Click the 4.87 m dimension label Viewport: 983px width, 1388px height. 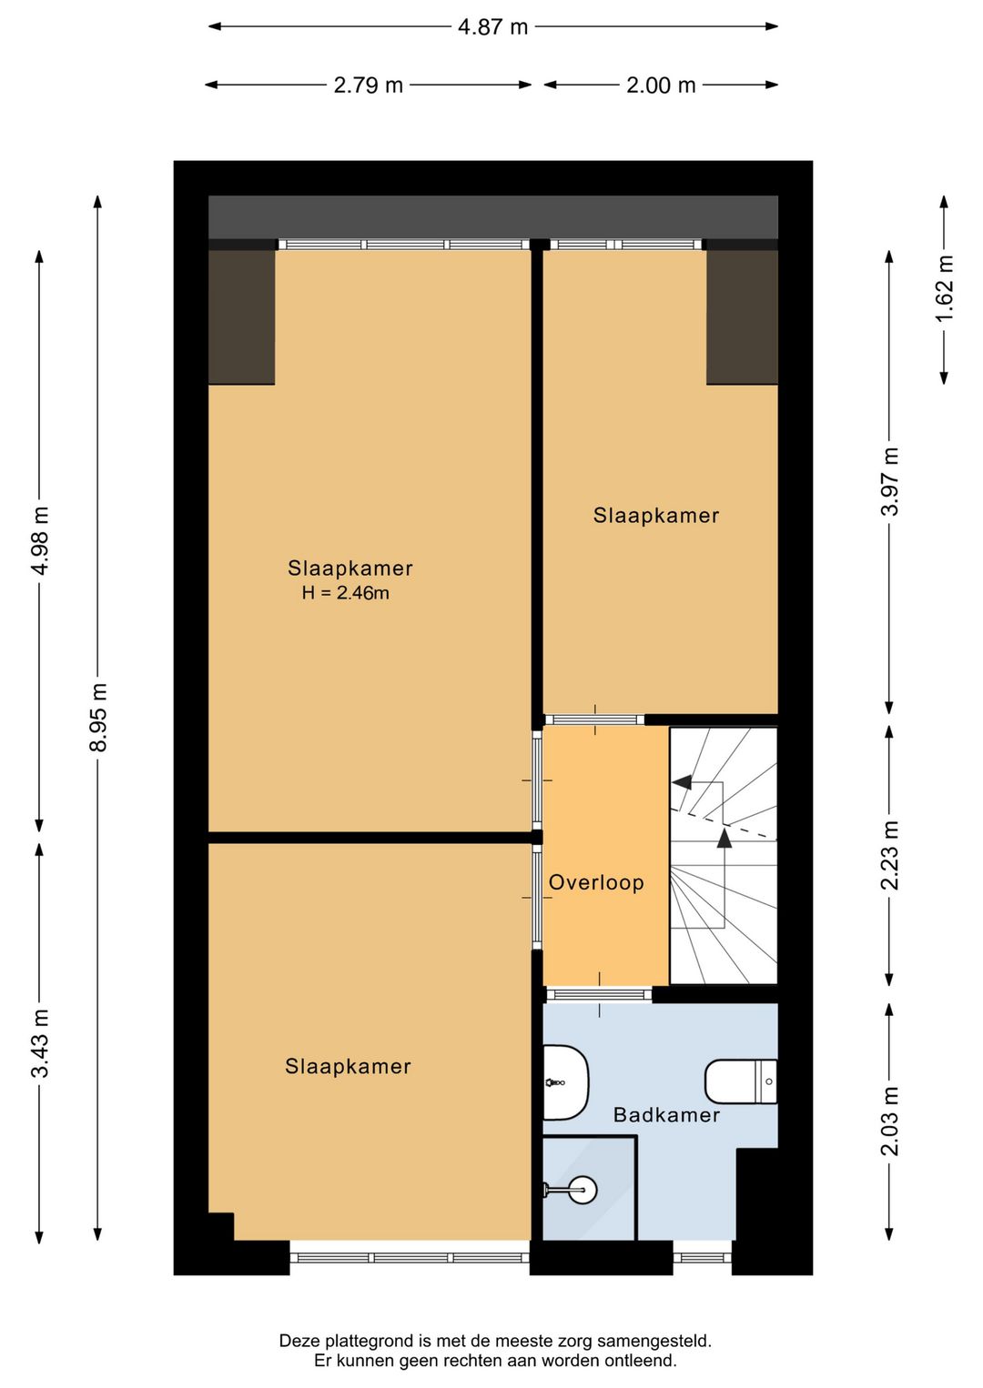pos(492,27)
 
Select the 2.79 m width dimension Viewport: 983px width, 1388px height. pos(369,85)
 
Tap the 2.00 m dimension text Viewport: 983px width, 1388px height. pos(661,85)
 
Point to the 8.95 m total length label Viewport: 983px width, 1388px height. pos(98,717)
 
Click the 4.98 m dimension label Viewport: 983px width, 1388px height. pos(40,540)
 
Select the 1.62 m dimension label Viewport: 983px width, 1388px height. pos(944,288)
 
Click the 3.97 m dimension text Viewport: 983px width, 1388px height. pos(890,481)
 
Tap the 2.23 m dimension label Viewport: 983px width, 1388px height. pos(890,856)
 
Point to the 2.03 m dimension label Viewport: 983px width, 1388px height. pos(890,1121)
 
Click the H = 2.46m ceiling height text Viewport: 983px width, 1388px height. pos(346,593)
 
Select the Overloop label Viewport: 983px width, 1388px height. pos(596,882)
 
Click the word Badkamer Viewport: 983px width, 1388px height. pos(666,1115)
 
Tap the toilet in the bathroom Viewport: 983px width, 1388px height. pos(741,1081)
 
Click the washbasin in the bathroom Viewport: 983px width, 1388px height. pos(565,1082)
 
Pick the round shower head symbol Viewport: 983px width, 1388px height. pos(583,1189)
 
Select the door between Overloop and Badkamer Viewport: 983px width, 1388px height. pos(599,994)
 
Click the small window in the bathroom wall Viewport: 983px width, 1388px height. pos(702,1257)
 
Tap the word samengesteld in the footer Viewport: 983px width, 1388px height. pos(654,1342)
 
